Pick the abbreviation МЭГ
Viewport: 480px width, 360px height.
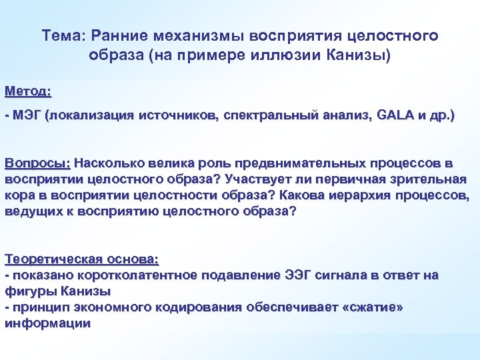point(26,116)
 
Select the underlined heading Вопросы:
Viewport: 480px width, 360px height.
point(37,163)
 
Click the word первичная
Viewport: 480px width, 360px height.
point(349,179)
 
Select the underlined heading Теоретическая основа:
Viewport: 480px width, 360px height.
point(86,259)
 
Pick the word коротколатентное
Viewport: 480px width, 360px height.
point(138,275)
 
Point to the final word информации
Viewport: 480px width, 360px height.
point(47,323)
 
